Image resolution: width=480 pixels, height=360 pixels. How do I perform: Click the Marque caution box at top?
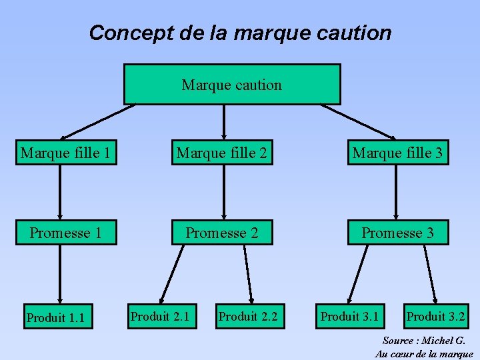pyautogui.click(x=232, y=85)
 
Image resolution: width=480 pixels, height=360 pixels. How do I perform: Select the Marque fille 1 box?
pyautogui.click(x=65, y=153)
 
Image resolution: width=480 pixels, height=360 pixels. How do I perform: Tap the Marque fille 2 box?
pyautogui.click(x=222, y=153)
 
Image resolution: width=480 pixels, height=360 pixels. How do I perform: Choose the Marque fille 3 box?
pyautogui.click(x=397, y=153)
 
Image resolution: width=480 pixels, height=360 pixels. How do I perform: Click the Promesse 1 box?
pyautogui.click(x=65, y=233)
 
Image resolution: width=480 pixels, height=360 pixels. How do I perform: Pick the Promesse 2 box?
pyautogui.click(x=222, y=233)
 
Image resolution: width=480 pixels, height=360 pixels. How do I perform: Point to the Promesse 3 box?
pyautogui.click(x=397, y=233)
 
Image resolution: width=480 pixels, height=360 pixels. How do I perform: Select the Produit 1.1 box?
pyautogui.click(x=55, y=317)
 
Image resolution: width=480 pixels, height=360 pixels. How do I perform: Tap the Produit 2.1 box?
pyautogui.click(x=160, y=316)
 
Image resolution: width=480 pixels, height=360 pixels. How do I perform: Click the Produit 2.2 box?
pyautogui.click(x=248, y=316)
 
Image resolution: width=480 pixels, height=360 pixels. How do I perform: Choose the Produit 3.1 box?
pyautogui.click(x=349, y=316)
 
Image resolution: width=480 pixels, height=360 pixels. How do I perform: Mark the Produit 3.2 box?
pyautogui.click(x=436, y=316)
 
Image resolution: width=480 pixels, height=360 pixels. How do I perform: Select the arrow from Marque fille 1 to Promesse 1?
pyautogui.click(x=60, y=192)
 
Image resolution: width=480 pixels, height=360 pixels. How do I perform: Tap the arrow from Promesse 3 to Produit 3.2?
pyautogui.click(x=431, y=273)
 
